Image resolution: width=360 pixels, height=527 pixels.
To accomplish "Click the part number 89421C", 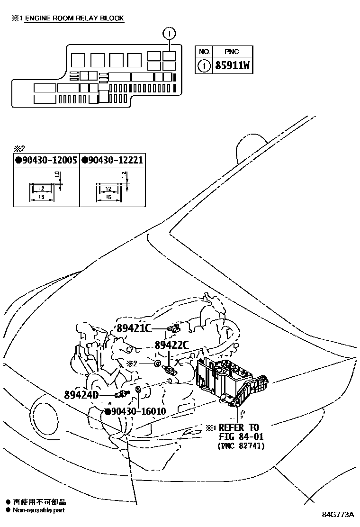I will coord(133,329).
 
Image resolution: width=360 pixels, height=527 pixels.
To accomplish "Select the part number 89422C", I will coord(172,345).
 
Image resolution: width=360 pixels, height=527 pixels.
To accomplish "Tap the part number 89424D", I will coord(81,394).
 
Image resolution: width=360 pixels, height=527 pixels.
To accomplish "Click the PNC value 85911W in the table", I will coord(232,65).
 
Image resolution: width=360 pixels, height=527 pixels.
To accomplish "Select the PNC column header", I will coord(232,51).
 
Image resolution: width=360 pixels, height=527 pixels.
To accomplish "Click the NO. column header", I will coord(204,51).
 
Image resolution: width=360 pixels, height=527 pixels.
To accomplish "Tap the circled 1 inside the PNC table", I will coord(204,65).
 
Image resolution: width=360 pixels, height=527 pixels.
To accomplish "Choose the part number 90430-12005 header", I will coord(46,160).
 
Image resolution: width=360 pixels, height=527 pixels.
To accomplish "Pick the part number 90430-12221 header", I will coord(112,160).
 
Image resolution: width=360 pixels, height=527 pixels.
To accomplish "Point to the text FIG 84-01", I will coord(241,436).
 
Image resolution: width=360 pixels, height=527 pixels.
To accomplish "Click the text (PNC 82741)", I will coord(241,446).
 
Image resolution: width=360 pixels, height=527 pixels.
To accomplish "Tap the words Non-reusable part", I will coord(39,510).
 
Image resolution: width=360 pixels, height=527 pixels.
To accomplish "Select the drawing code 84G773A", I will coord(338,515).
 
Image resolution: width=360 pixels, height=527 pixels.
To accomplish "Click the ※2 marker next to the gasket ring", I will coord(131,363).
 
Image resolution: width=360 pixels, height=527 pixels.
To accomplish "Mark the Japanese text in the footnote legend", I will coord(39,502).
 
